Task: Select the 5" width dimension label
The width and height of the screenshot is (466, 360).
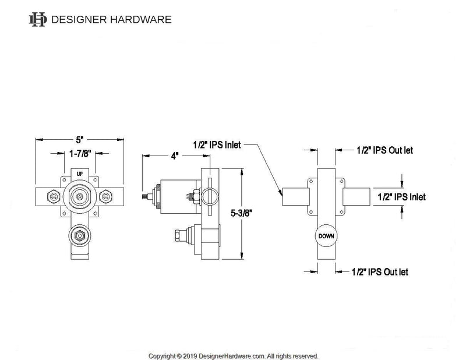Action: (80, 140)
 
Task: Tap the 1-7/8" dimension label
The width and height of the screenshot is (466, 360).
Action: (80, 154)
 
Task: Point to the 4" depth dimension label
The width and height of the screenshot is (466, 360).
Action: (174, 156)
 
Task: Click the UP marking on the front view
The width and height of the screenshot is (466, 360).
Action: (80, 174)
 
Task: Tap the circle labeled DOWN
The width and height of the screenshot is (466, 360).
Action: (326, 237)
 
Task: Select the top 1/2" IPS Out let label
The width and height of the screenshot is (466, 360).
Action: (384, 150)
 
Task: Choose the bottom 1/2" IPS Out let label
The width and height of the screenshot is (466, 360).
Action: (380, 272)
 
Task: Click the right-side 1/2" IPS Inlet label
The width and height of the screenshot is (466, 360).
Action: (401, 197)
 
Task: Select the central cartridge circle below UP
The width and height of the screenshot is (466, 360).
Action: (80, 197)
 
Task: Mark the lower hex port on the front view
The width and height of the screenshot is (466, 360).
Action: (76, 236)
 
